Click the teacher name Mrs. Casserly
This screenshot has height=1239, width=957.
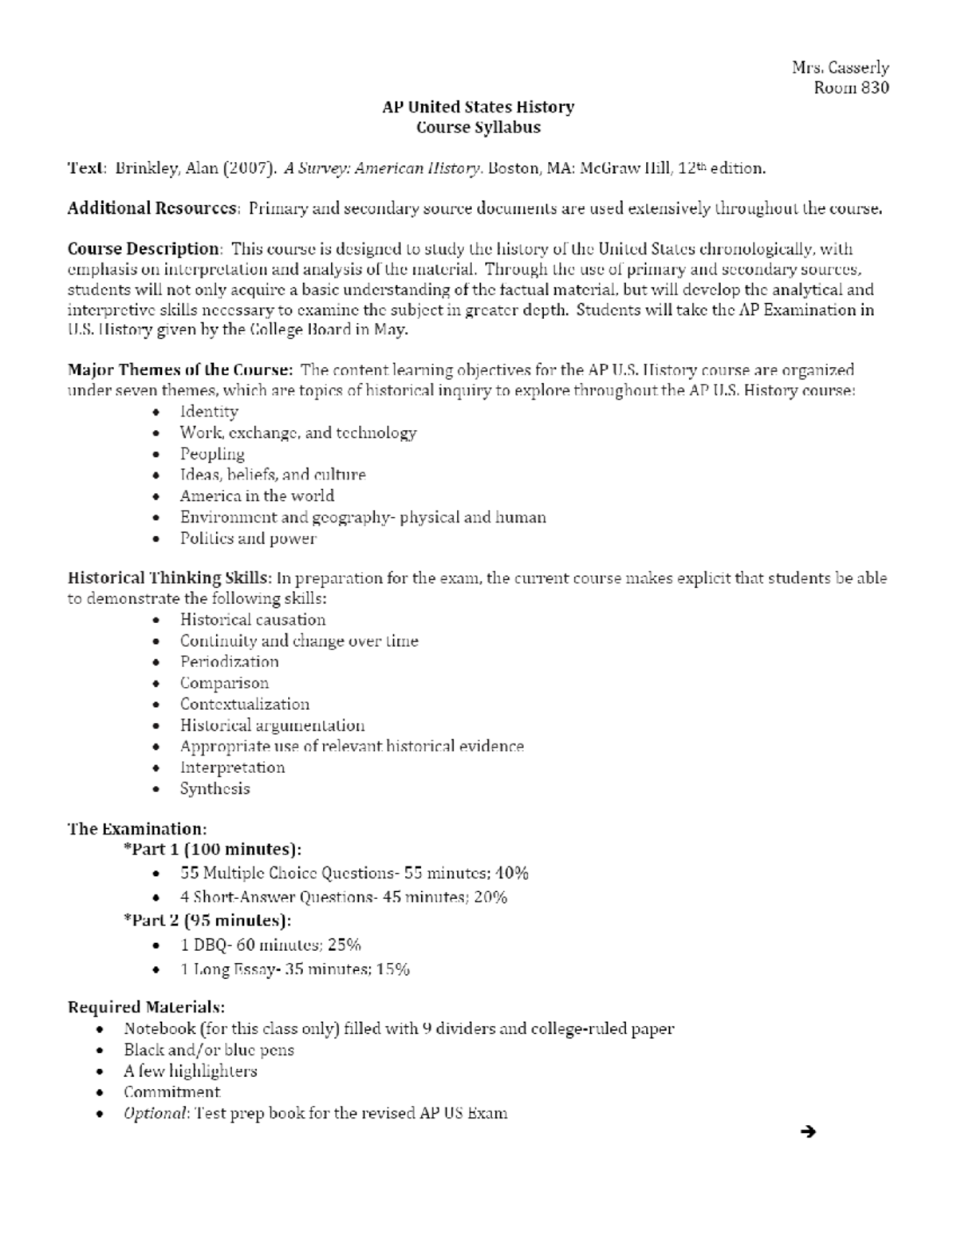click(840, 68)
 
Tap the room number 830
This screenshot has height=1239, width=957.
click(873, 88)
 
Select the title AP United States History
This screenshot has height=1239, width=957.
click(478, 107)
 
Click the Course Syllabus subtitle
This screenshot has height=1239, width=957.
click(478, 128)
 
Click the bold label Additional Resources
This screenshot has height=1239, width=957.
click(152, 209)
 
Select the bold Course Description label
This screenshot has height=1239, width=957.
click(143, 249)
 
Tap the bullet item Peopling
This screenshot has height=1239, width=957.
click(212, 454)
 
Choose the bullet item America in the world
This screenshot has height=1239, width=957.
click(257, 496)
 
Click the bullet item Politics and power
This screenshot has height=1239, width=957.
click(248, 539)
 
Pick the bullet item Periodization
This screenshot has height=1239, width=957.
click(229, 662)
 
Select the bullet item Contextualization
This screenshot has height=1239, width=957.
click(244, 704)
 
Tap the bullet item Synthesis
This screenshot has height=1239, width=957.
click(215, 789)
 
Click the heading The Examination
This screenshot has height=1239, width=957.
click(137, 829)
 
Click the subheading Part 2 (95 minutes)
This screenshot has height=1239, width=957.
click(207, 921)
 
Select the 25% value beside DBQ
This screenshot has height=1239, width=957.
click(344, 945)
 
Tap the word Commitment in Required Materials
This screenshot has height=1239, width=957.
click(171, 1092)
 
